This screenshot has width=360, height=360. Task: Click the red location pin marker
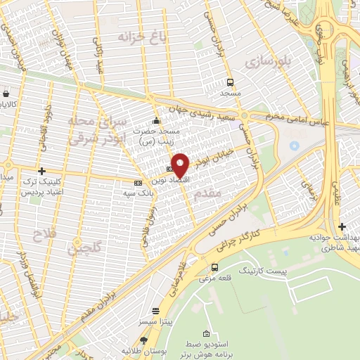(180, 165)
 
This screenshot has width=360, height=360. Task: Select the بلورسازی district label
(268, 61)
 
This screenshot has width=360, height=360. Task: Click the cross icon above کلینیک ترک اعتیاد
(42, 171)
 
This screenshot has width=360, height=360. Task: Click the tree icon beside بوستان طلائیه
(144, 340)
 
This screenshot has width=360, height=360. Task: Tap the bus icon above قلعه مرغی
(214, 267)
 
